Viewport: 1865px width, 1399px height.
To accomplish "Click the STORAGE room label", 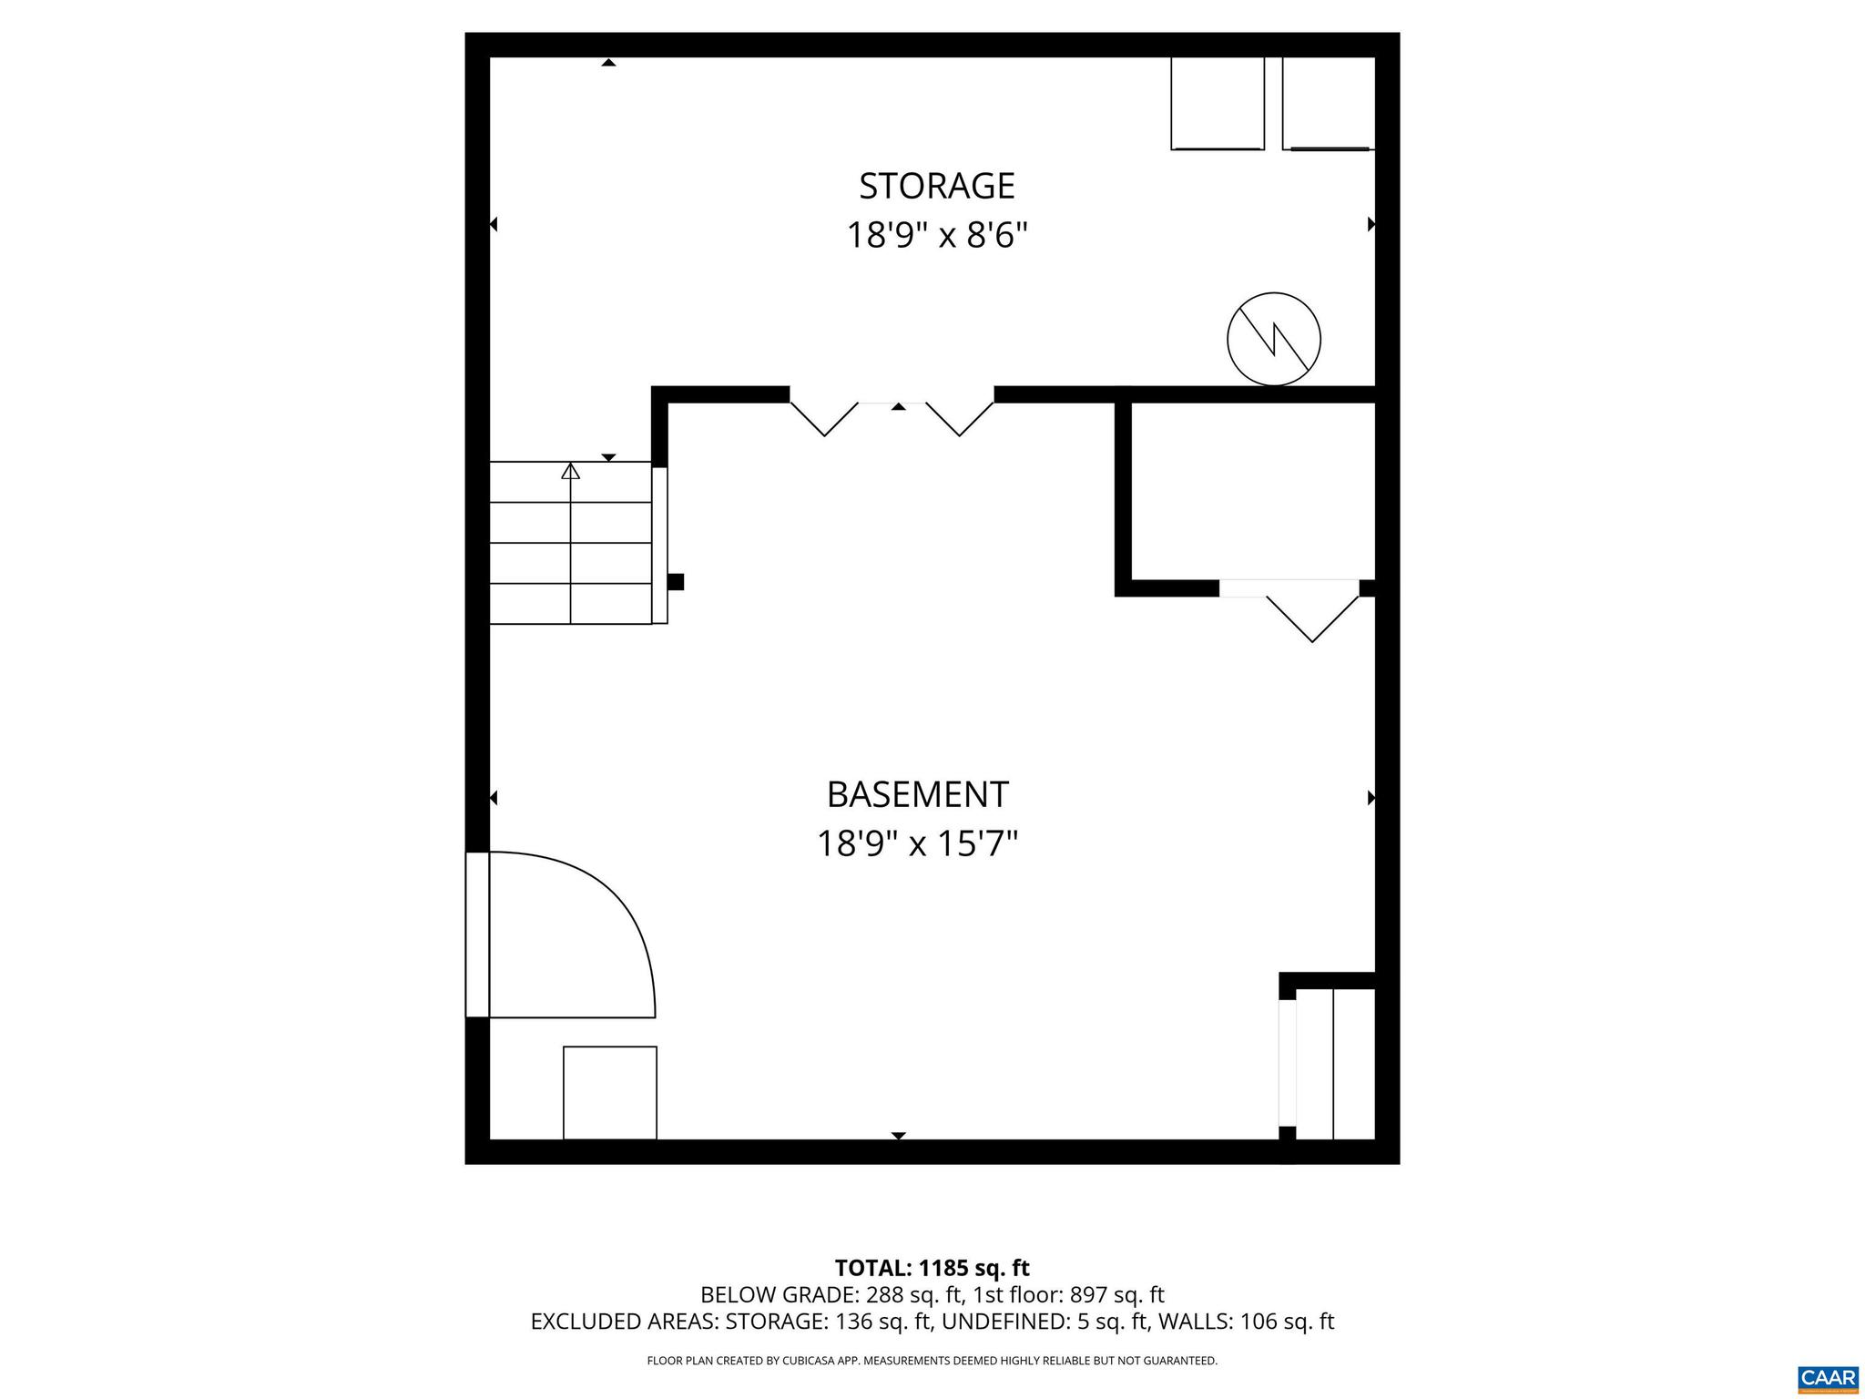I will tap(936, 186).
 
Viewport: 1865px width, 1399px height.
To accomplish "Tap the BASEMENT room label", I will tap(917, 794).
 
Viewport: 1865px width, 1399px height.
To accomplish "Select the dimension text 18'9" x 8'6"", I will tap(936, 236).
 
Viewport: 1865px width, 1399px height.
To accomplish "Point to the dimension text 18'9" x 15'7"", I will tap(916, 844).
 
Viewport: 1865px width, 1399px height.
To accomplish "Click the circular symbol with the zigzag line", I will tap(1273, 339).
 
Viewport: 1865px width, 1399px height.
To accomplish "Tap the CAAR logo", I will tap(1828, 1376).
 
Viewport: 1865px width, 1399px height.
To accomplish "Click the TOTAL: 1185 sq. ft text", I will tap(932, 1268).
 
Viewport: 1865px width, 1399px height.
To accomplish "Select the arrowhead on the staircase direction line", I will tap(571, 471).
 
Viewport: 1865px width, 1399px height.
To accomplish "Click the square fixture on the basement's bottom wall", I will tap(609, 1092).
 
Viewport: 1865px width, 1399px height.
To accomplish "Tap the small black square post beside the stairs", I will tap(676, 582).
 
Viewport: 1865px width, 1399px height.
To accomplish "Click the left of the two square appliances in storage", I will tap(1217, 103).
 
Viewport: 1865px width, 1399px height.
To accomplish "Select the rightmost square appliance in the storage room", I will tap(1327, 103).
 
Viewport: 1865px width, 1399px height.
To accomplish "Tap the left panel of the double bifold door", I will tap(824, 418).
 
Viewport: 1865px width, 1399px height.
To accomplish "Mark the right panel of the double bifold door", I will tap(960, 418).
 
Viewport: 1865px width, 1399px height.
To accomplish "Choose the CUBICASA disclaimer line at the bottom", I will tap(932, 1361).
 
